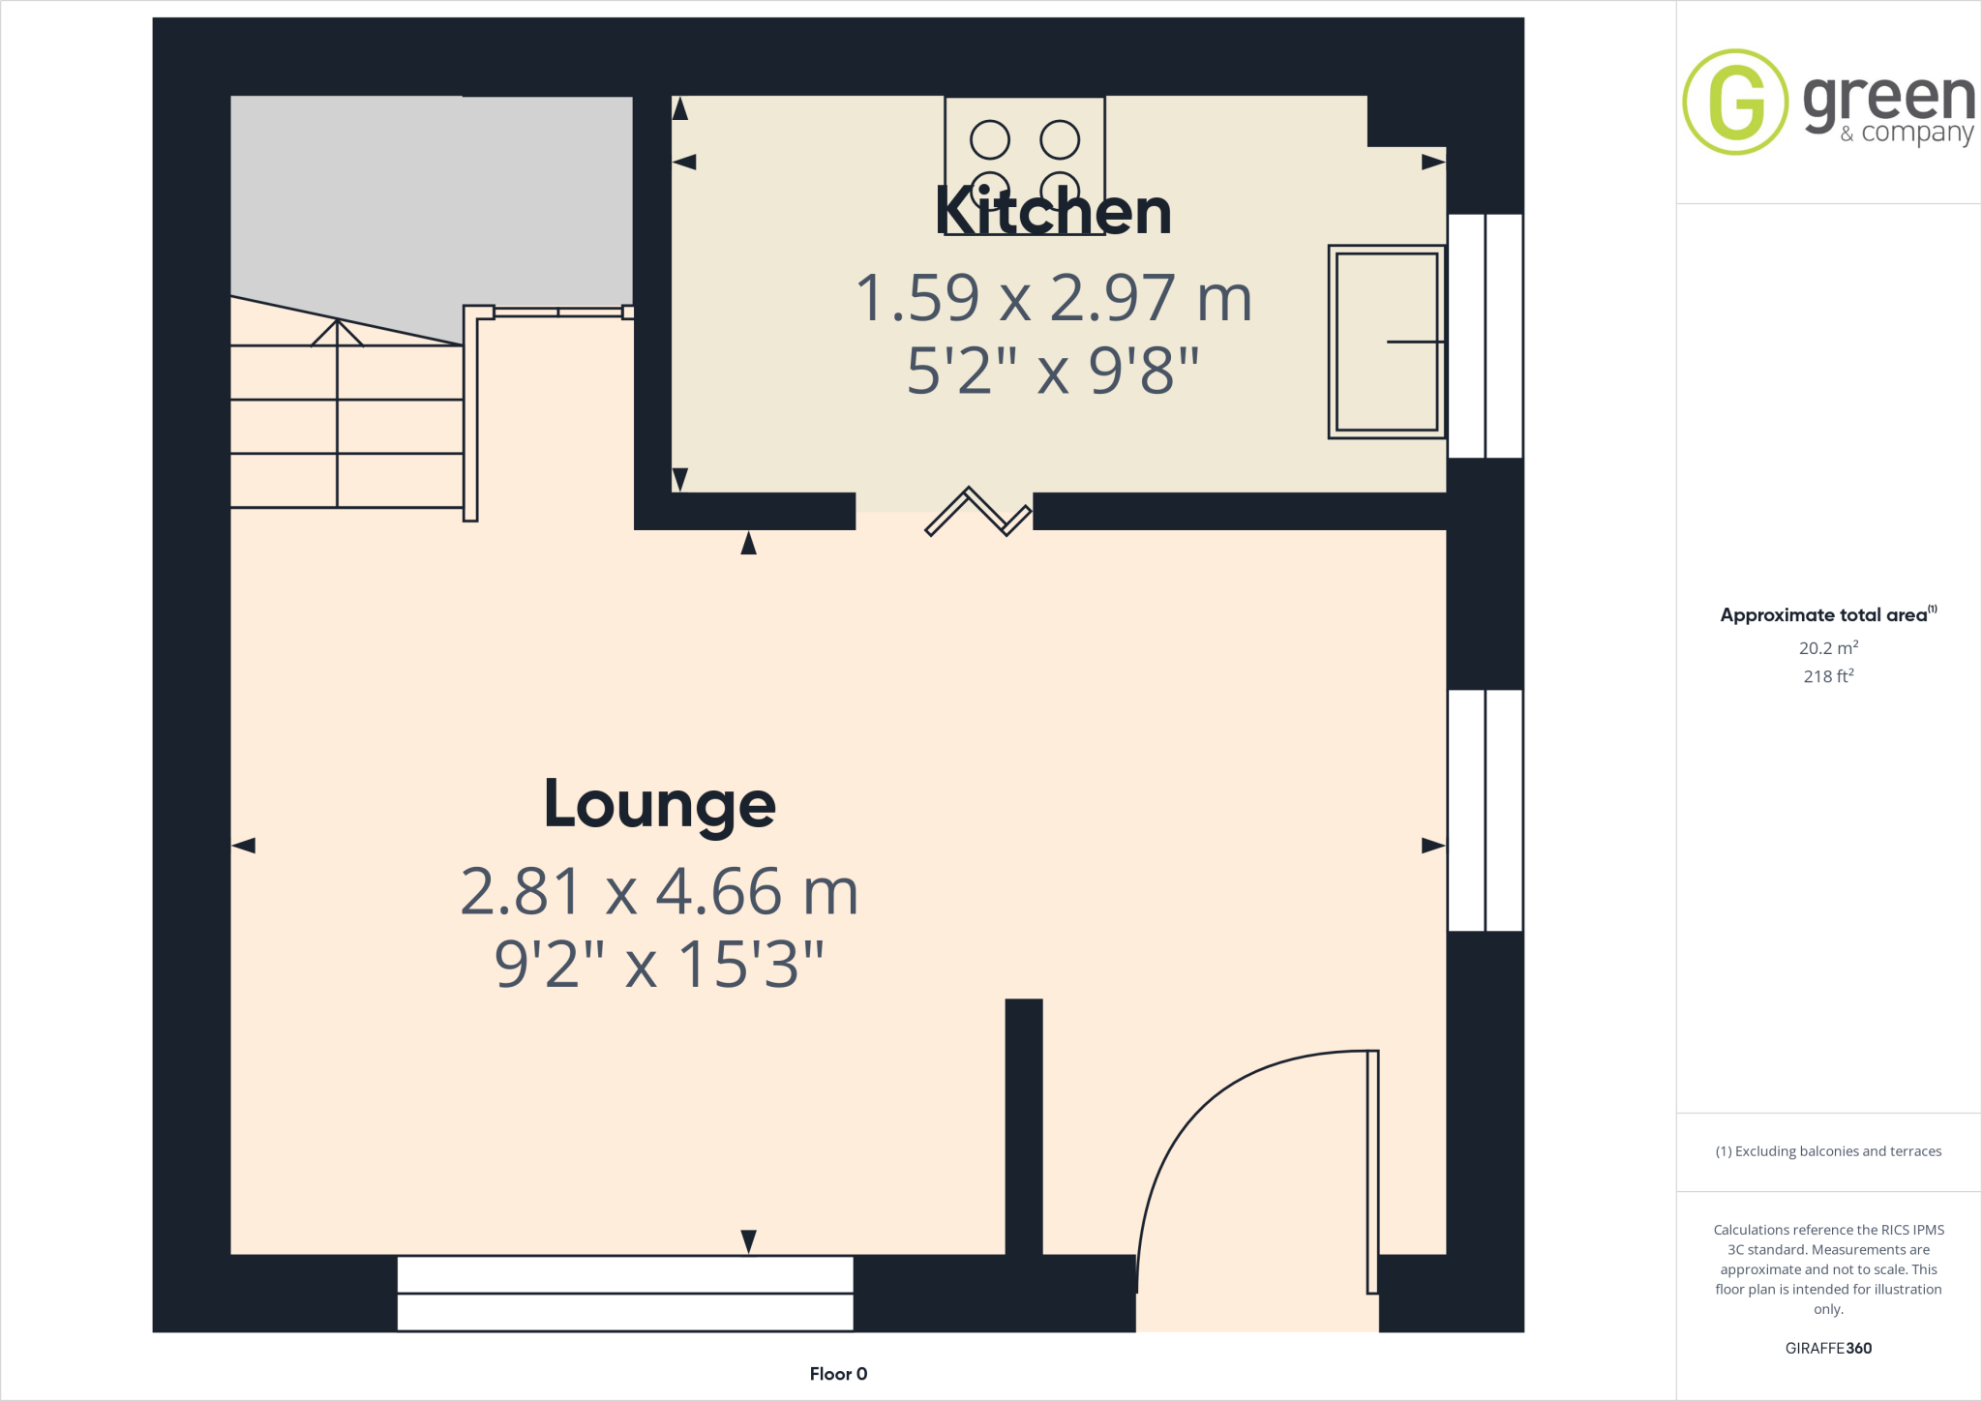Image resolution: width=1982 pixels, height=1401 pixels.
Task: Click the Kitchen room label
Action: click(1053, 212)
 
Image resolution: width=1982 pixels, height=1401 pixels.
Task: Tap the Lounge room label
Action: click(660, 804)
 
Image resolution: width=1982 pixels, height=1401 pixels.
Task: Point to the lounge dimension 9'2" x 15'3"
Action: click(659, 964)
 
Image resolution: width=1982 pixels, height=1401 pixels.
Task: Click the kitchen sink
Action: click(1386, 342)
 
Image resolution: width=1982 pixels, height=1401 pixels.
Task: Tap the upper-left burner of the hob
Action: click(989, 140)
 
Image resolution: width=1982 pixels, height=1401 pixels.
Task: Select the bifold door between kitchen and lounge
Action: click(977, 511)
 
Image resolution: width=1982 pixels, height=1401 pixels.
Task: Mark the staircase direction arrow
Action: click(337, 334)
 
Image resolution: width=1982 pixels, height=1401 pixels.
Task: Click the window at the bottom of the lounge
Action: click(625, 1293)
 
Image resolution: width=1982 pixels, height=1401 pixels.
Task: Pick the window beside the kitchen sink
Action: click(1485, 336)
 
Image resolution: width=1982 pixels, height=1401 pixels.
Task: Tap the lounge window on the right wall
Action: click(1485, 810)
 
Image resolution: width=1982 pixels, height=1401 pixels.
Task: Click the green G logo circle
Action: click(1735, 102)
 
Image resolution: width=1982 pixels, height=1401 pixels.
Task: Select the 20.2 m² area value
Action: click(1827, 648)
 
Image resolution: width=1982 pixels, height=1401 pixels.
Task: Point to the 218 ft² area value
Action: click(1827, 676)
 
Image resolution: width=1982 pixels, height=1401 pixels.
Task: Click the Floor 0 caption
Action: click(838, 1374)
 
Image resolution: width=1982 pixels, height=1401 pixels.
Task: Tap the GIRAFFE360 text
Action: click(1827, 1348)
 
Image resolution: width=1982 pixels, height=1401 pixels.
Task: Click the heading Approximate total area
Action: click(1824, 615)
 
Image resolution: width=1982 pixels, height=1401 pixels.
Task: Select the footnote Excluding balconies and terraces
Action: click(1828, 1151)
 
